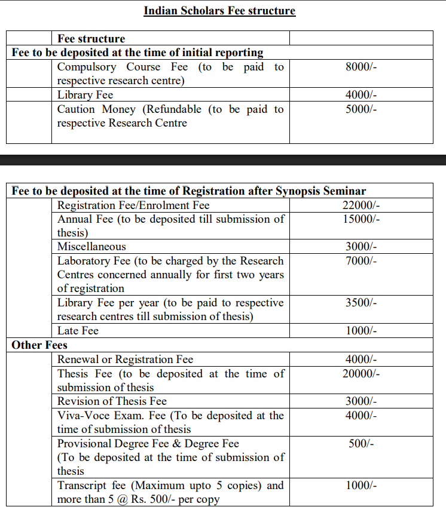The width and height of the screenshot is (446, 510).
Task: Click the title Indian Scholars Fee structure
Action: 219,11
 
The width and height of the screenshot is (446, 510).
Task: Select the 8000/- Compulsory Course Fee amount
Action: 361,67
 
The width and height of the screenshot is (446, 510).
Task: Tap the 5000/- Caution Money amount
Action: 361,109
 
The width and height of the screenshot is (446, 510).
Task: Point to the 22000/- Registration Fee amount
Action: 361,205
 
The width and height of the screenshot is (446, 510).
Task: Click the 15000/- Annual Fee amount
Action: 361,219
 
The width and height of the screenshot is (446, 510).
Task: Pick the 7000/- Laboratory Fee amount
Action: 361,261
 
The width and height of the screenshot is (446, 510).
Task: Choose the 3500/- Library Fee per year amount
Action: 361,303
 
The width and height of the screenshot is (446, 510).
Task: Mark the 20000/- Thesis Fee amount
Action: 361,374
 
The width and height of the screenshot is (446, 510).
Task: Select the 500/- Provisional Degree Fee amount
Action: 361,444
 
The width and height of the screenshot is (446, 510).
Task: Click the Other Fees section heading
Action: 39,345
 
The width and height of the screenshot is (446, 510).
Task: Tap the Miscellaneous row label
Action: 91,247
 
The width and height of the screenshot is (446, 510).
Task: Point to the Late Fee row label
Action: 78,331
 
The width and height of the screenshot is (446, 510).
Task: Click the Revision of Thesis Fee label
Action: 112,401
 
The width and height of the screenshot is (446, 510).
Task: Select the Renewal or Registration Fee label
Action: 125,360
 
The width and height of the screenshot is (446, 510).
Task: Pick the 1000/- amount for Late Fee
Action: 361,331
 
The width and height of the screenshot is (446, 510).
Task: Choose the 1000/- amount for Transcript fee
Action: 361,486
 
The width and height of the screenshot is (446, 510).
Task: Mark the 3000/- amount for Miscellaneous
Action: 361,247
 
